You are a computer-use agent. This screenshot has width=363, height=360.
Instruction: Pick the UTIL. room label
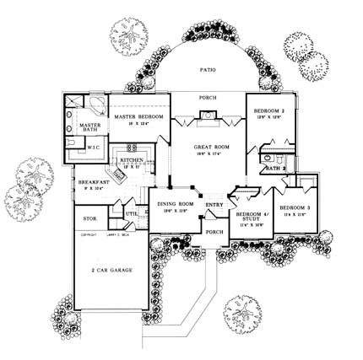(x=132, y=214)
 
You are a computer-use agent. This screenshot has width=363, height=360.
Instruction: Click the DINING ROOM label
(x=173, y=201)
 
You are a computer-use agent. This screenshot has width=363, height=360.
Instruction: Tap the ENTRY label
(x=214, y=203)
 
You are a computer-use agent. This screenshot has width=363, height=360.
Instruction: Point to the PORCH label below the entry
(x=214, y=231)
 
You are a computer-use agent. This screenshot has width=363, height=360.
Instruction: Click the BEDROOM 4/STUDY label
(x=251, y=217)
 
